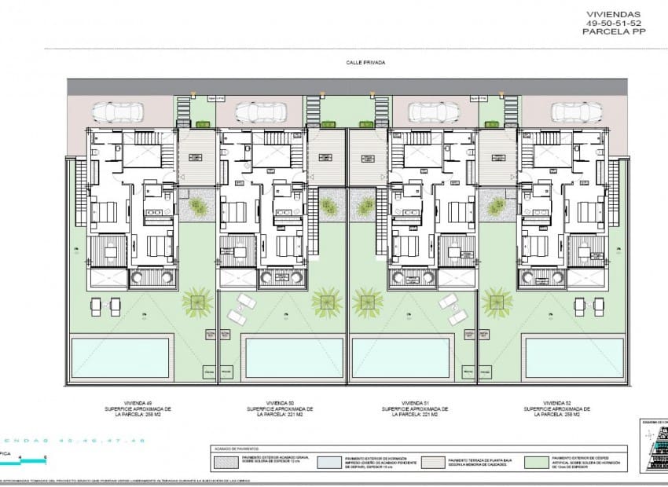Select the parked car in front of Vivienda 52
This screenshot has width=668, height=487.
(571, 112)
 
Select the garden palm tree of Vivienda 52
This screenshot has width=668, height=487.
(497, 300)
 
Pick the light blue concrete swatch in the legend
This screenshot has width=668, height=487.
(329, 462)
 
